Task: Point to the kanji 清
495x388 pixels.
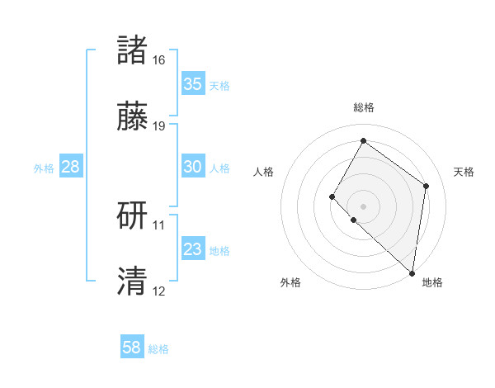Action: pyautogui.click(x=133, y=281)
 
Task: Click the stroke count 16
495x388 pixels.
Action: pyautogui.click(x=159, y=60)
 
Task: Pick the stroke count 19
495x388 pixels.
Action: pyautogui.click(x=159, y=126)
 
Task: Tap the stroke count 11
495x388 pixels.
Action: pyautogui.click(x=159, y=225)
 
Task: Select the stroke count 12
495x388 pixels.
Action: pyautogui.click(x=159, y=291)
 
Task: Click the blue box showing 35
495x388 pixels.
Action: pyautogui.click(x=192, y=84)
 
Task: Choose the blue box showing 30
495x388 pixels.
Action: pyautogui.click(x=192, y=167)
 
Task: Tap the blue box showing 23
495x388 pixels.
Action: pyautogui.click(x=192, y=249)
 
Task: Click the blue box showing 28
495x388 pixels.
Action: pyautogui.click(x=70, y=167)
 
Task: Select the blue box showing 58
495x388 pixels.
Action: pyautogui.click(x=132, y=348)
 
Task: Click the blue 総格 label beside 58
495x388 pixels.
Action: pyautogui.click(x=158, y=349)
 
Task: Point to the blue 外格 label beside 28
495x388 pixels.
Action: pyautogui.click(x=44, y=168)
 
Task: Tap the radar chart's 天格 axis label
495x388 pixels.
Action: pyautogui.click(x=464, y=172)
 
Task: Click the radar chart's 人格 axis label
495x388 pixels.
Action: pyautogui.click(x=264, y=172)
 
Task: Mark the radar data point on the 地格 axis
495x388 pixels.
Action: pyautogui.click(x=412, y=272)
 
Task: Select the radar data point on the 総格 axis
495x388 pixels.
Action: pyautogui.click(x=363, y=141)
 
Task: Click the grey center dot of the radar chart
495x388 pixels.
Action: pyautogui.click(x=363, y=206)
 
